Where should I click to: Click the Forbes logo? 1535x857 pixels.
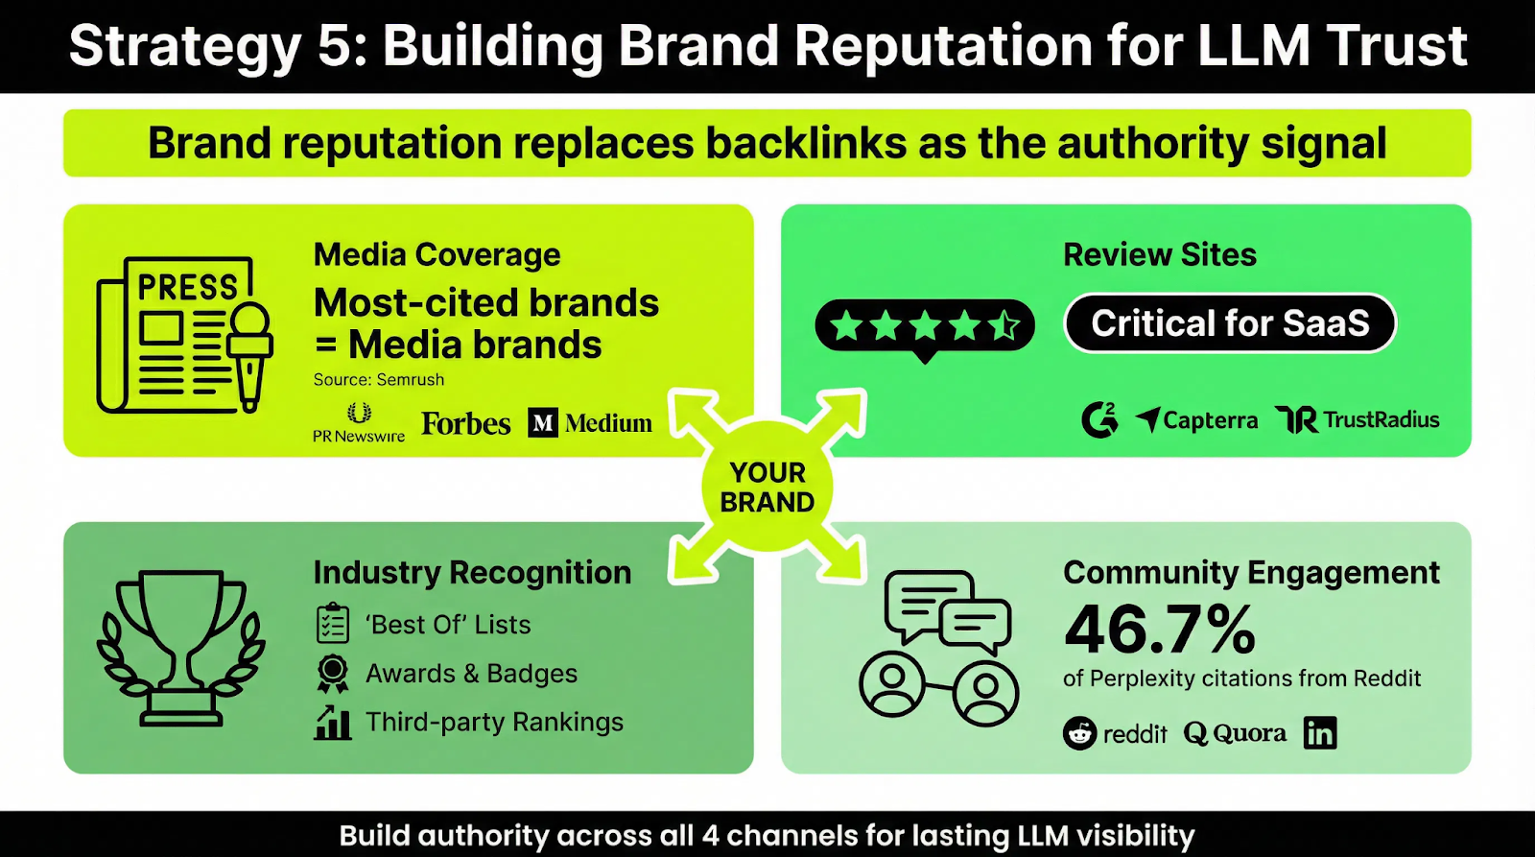click(x=465, y=423)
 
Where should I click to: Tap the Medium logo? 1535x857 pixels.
click(x=590, y=423)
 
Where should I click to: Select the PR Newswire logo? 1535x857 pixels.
click(x=359, y=423)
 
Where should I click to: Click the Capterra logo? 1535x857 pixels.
click(x=1196, y=420)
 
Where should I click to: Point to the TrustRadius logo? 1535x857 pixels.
click(x=1358, y=419)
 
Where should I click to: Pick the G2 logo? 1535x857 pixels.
click(x=1099, y=419)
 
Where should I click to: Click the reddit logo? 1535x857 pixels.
click(x=1115, y=734)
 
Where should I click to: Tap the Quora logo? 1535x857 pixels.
click(x=1235, y=733)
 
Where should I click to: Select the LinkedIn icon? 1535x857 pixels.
click(x=1320, y=733)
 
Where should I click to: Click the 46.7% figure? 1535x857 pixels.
click(x=1159, y=630)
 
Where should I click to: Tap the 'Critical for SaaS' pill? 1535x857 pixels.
click(x=1230, y=323)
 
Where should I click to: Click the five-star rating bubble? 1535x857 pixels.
click(x=925, y=327)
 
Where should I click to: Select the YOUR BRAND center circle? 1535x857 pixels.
click(x=767, y=488)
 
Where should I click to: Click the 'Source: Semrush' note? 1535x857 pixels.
click(x=379, y=380)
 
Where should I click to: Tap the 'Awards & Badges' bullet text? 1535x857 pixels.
click(x=471, y=674)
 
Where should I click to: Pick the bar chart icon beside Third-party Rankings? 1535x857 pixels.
click(x=333, y=723)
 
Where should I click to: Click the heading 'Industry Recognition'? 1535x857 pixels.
click(x=472, y=573)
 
